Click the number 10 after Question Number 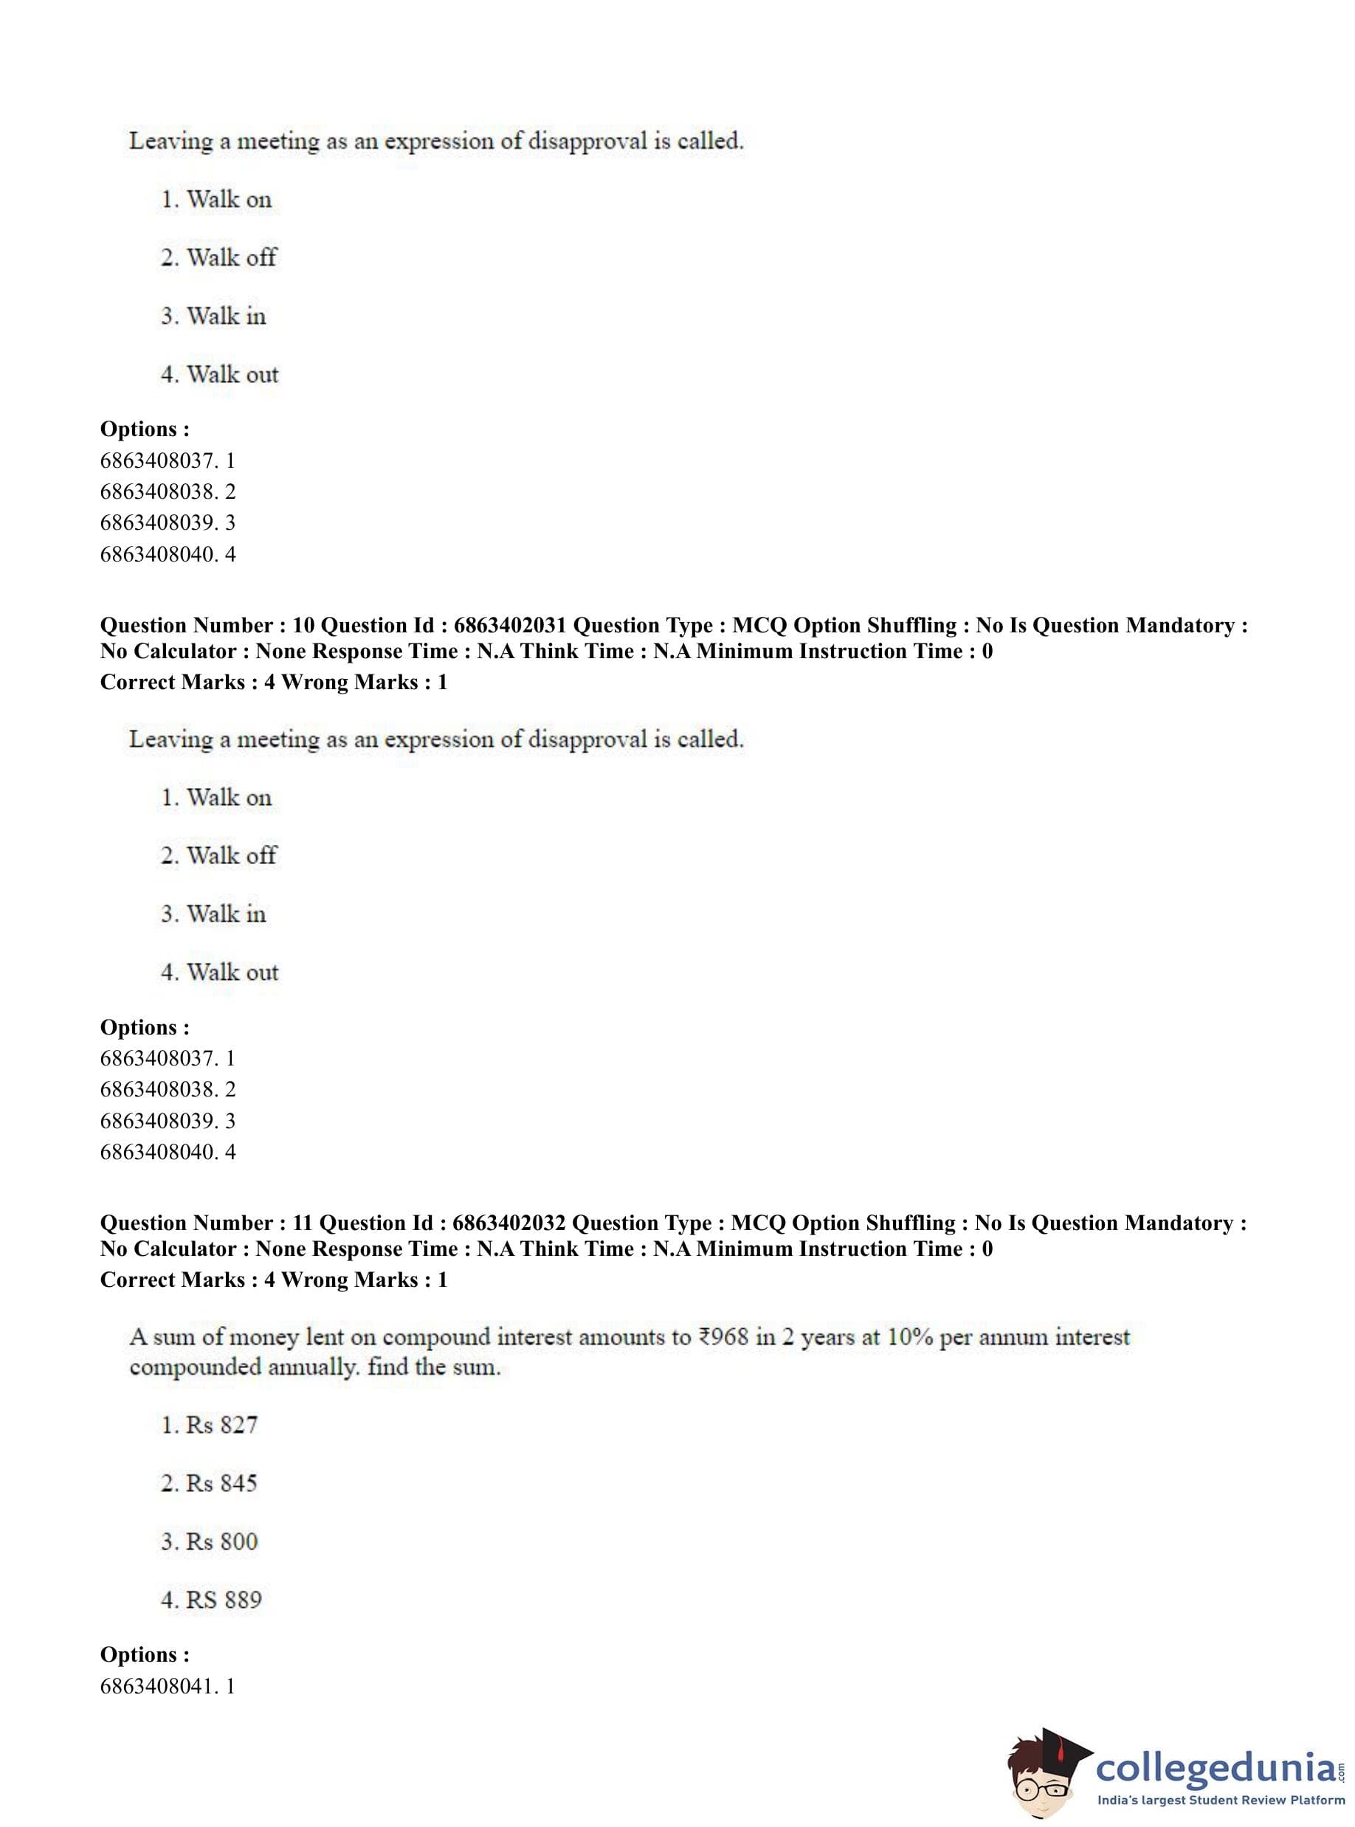(303, 626)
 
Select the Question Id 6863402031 (509, 626)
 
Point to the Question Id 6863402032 (508, 1223)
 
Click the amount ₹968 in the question (723, 1338)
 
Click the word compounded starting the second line (194, 1368)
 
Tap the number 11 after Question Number (302, 1223)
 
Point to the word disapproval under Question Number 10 (587, 739)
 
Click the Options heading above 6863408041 (145, 1655)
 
